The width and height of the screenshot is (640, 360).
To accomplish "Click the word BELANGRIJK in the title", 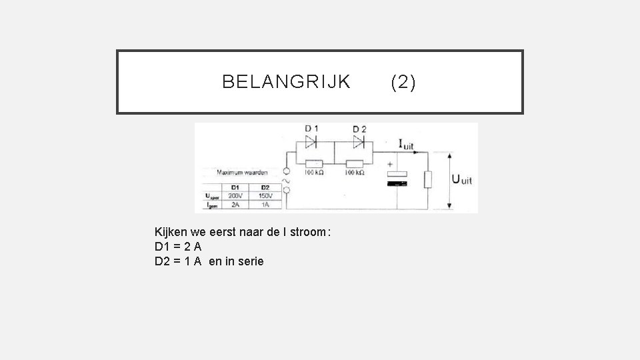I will pos(286,82).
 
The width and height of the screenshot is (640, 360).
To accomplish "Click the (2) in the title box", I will pos(403,82).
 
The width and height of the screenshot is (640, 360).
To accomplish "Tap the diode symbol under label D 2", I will pos(359,141).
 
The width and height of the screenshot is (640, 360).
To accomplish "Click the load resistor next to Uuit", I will pos(427,179).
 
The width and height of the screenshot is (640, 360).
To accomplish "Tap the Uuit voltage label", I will pos(463,179).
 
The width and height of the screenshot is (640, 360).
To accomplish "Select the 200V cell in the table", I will pos(234,195).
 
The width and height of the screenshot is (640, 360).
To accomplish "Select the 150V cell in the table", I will pos(265,195).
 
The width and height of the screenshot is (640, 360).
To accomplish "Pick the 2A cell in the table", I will pos(234,205).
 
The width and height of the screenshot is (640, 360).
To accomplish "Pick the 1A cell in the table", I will pos(265,205).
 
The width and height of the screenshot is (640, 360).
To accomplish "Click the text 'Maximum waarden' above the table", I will pos(239,172).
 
